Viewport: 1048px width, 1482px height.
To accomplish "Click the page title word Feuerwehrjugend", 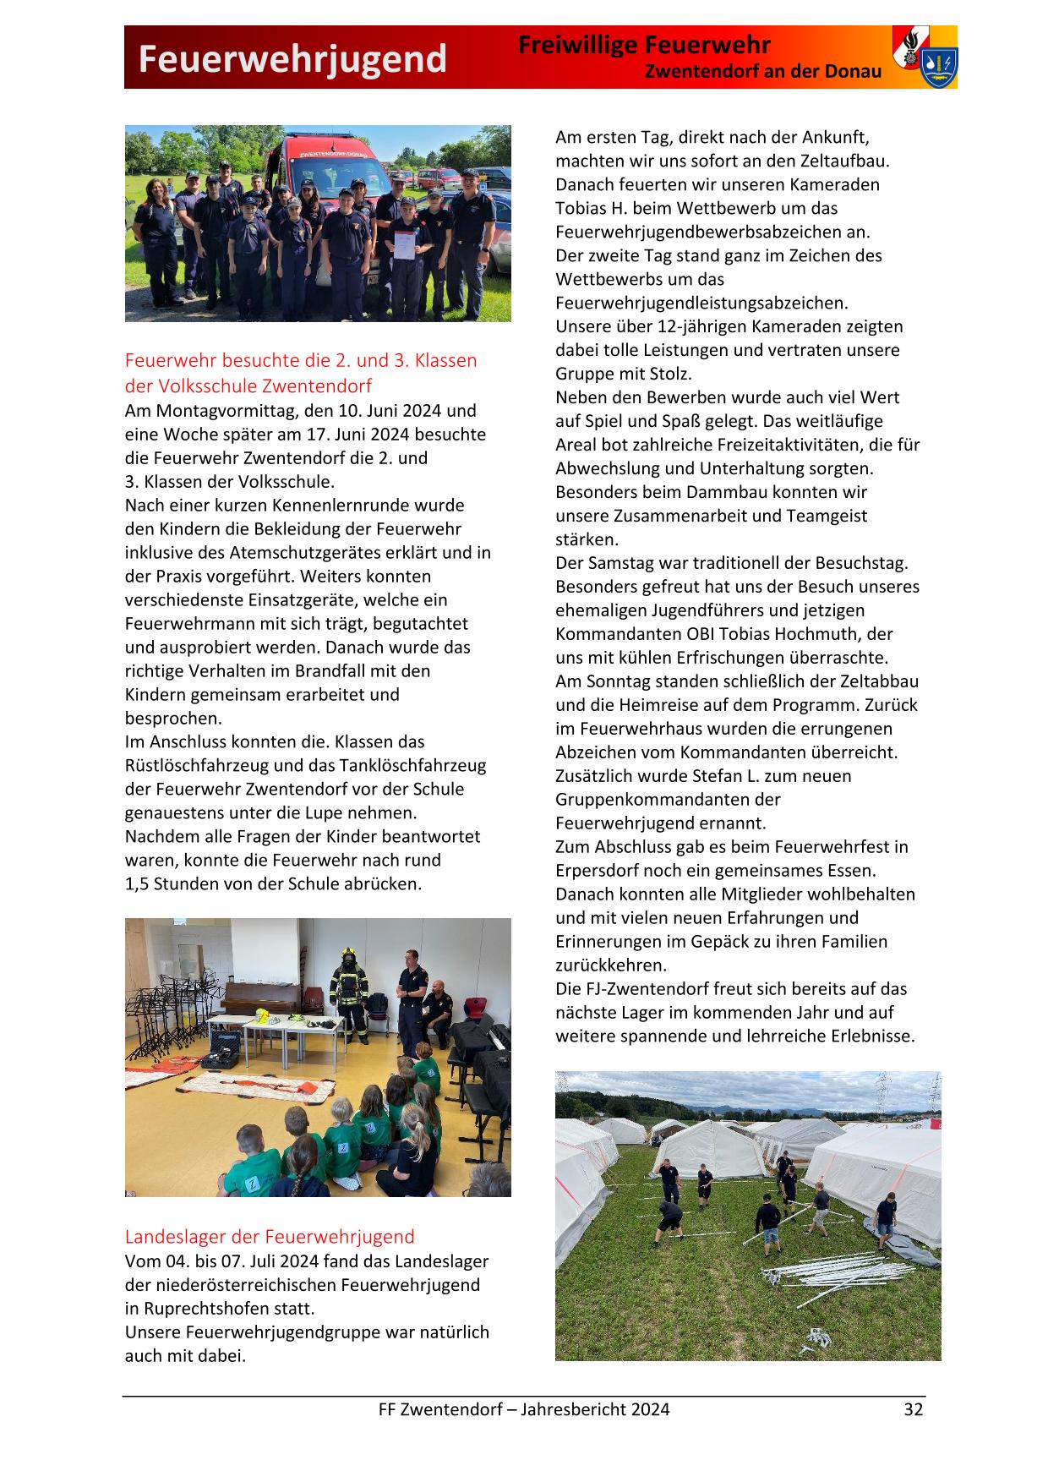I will (292, 59).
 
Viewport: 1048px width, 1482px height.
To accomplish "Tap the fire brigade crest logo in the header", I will (925, 57).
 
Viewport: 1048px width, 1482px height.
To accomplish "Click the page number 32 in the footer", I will (913, 1408).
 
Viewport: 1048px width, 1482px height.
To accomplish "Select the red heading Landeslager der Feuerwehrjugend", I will (270, 1236).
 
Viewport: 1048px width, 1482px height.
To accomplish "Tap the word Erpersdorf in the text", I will (597, 870).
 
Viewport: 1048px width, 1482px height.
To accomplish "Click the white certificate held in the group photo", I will (406, 245).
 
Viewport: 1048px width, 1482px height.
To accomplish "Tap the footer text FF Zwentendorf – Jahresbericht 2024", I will (523, 1408).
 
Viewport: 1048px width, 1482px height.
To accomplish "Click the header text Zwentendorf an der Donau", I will (762, 72).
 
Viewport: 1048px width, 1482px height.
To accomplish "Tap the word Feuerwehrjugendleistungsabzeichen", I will (701, 303).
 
